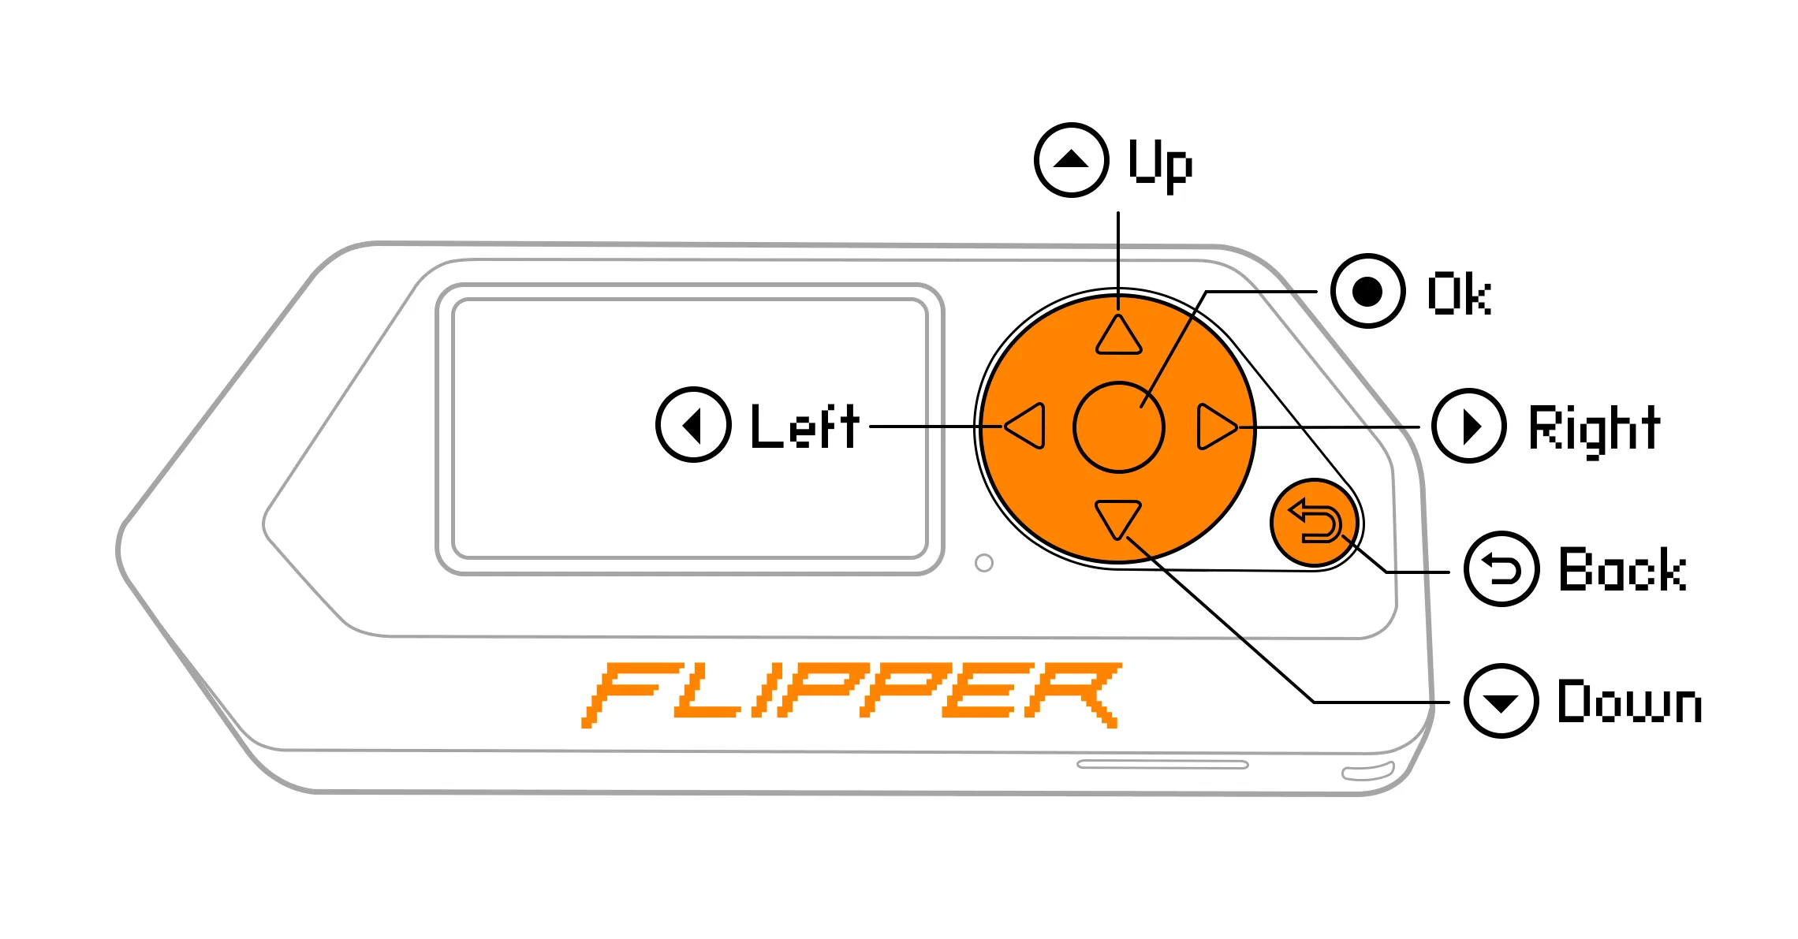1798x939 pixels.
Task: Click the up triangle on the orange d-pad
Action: (1118, 336)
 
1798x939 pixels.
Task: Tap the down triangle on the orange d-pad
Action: (1118, 520)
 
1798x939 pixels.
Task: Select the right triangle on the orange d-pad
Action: (1217, 427)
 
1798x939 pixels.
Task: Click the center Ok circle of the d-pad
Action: (1118, 427)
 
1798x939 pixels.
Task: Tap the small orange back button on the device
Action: (1314, 523)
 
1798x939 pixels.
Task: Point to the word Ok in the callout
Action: (1460, 293)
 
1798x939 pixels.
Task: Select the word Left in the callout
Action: (805, 426)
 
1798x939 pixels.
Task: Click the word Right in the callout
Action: (1595, 430)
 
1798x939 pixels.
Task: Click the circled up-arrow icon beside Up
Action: (1072, 160)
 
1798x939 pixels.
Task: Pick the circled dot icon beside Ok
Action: (1367, 291)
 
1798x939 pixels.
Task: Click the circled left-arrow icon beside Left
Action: (693, 425)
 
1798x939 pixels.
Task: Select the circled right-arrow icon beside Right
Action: (1469, 427)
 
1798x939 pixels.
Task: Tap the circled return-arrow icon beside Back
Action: (1501, 568)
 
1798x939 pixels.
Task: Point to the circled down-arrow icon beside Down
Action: (1501, 701)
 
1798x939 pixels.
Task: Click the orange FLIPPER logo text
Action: (852, 695)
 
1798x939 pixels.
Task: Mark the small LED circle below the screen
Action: (984, 563)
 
